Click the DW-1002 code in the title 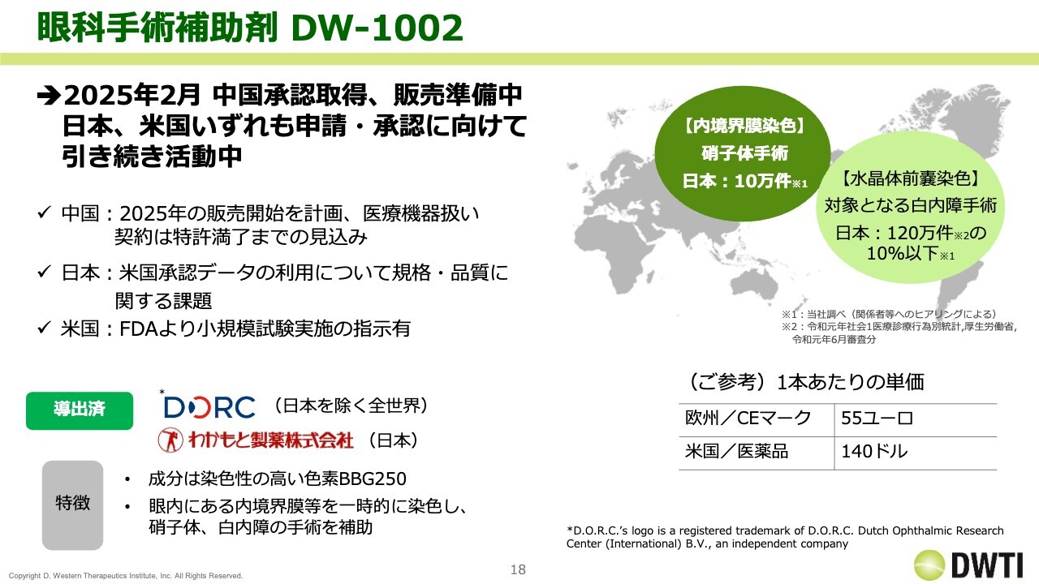(377, 28)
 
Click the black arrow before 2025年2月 (50, 96)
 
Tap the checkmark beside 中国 (44, 213)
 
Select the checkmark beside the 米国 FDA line (44, 328)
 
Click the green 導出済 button (80, 410)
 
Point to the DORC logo (209, 407)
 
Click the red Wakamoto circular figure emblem (170, 440)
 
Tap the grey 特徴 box (72, 505)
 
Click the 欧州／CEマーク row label (748, 418)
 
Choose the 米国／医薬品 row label (736, 451)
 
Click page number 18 (518, 569)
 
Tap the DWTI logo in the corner (968, 565)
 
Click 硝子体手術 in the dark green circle (744, 153)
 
